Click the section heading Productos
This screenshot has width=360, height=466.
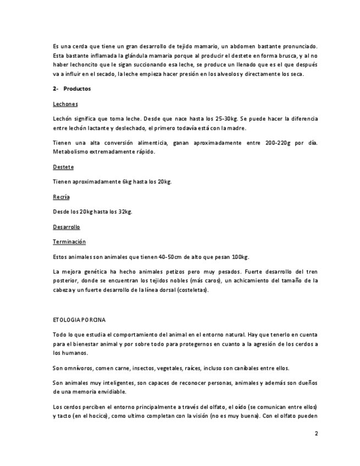77,88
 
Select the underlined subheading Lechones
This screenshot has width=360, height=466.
65,104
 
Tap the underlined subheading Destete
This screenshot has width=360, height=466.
63,167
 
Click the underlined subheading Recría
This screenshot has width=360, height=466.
61,196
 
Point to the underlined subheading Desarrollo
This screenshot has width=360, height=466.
66,226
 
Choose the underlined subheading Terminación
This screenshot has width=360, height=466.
69,241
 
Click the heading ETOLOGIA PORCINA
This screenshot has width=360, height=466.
79,319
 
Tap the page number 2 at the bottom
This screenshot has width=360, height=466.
316,433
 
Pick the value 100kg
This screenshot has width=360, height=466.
240,257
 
